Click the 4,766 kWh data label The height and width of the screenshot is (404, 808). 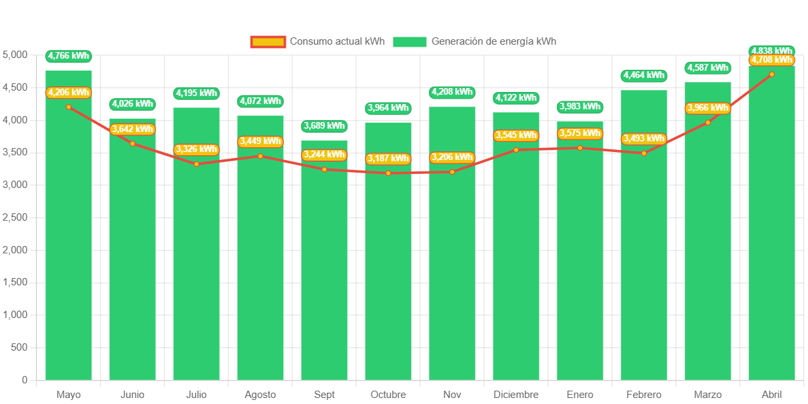(x=69, y=56)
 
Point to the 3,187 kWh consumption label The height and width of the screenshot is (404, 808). (x=388, y=159)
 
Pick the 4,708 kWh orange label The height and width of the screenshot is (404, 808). (x=772, y=60)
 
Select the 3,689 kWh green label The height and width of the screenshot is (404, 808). (x=324, y=125)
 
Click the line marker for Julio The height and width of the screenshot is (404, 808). (x=197, y=164)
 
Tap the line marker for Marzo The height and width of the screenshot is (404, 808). (x=708, y=122)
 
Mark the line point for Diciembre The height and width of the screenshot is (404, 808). (x=516, y=150)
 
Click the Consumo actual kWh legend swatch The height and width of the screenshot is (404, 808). (x=268, y=41)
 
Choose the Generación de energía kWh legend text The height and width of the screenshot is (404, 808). (x=494, y=41)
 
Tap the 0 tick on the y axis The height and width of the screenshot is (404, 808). (x=25, y=380)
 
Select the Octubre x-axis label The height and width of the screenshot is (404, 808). (x=388, y=395)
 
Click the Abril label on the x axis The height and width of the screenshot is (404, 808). (x=772, y=395)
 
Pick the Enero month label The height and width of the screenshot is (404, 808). (x=580, y=395)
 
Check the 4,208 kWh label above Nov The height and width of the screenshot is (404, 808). (x=452, y=92)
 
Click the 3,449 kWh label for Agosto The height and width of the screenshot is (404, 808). (x=260, y=141)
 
